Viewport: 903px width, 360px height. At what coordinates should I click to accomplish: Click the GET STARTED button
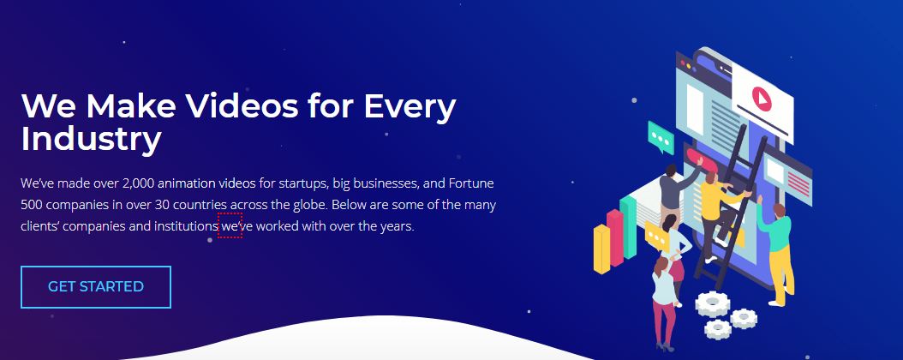[x=96, y=287]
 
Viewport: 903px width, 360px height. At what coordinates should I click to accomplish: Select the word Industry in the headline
[x=91, y=140]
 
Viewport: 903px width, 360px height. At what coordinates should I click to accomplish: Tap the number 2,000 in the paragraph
[x=138, y=183]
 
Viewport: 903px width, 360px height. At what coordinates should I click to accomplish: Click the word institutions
[x=186, y=225]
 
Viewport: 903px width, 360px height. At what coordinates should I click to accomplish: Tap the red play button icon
[x=762, y=99]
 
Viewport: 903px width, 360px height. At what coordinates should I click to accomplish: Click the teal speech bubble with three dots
[x=661, y=138]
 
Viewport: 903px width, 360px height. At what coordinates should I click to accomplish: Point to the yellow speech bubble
[x=657, y=236]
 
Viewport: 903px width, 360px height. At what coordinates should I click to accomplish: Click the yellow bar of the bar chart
[x=601, y=249]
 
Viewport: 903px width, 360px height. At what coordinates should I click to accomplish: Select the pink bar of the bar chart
[x=615, y=238]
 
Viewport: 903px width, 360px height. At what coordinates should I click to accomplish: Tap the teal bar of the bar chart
[x=628, y=227]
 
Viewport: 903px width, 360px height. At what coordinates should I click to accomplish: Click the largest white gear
[x=713, y=303]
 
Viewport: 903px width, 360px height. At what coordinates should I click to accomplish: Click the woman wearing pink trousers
[x=664, y=303]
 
